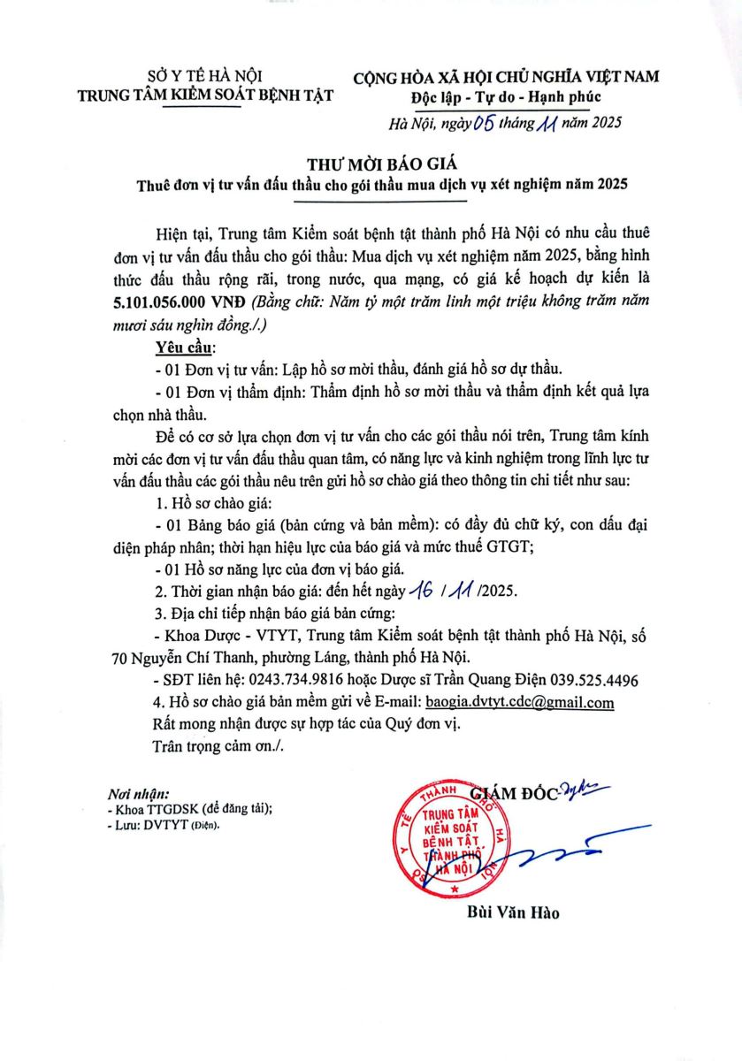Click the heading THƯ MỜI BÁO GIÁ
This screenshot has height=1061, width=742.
[371, 164]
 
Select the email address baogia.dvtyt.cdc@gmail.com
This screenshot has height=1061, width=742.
[519, 703]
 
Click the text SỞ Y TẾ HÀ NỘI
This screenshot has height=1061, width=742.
[204, 77]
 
